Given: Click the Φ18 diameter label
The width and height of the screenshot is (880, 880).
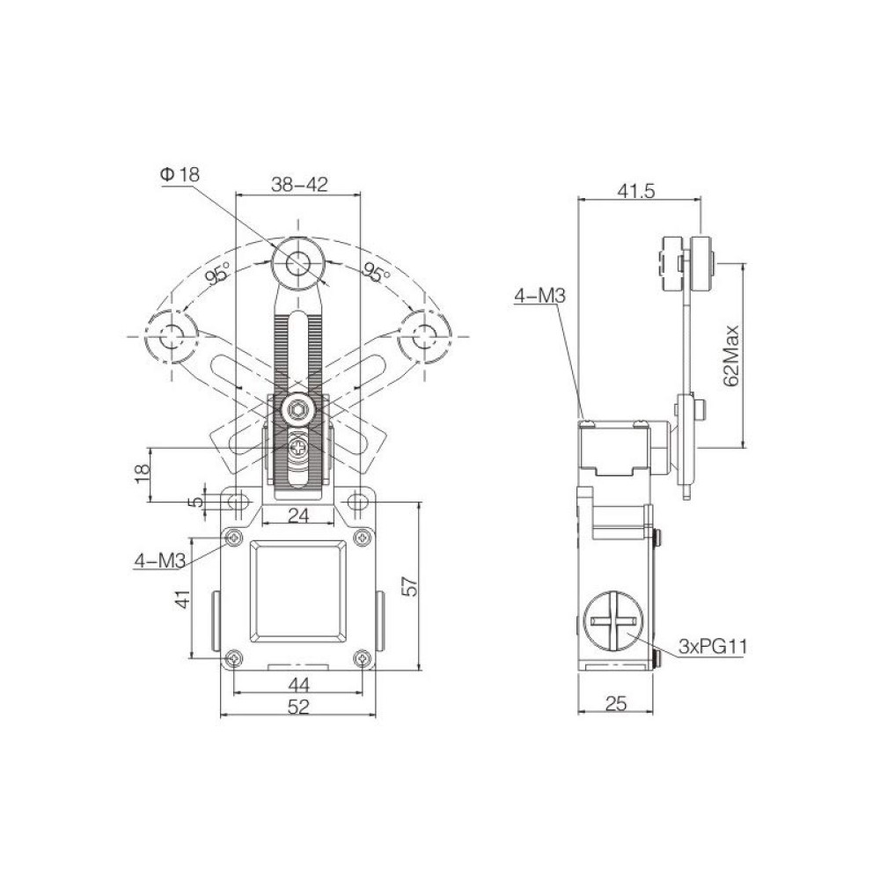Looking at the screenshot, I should click(x=180, y=175).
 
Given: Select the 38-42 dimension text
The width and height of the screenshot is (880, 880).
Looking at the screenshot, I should click(x=299, y=185).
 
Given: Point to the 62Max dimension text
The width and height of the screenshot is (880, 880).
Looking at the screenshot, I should click(x=728, y=355).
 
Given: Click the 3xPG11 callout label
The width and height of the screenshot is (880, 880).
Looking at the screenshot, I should click(x=713, y=649).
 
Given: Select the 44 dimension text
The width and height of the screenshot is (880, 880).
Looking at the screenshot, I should click(x=298, y=684).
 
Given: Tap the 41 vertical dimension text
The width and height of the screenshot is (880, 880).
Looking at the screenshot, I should click(x=182, y=599).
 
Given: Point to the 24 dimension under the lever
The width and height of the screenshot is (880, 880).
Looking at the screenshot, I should click(x=298, y=517).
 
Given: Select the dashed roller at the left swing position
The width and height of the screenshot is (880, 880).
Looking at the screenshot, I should click(x=169, y=335).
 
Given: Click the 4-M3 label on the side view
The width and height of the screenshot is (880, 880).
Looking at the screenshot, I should click(x=539, y=297).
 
